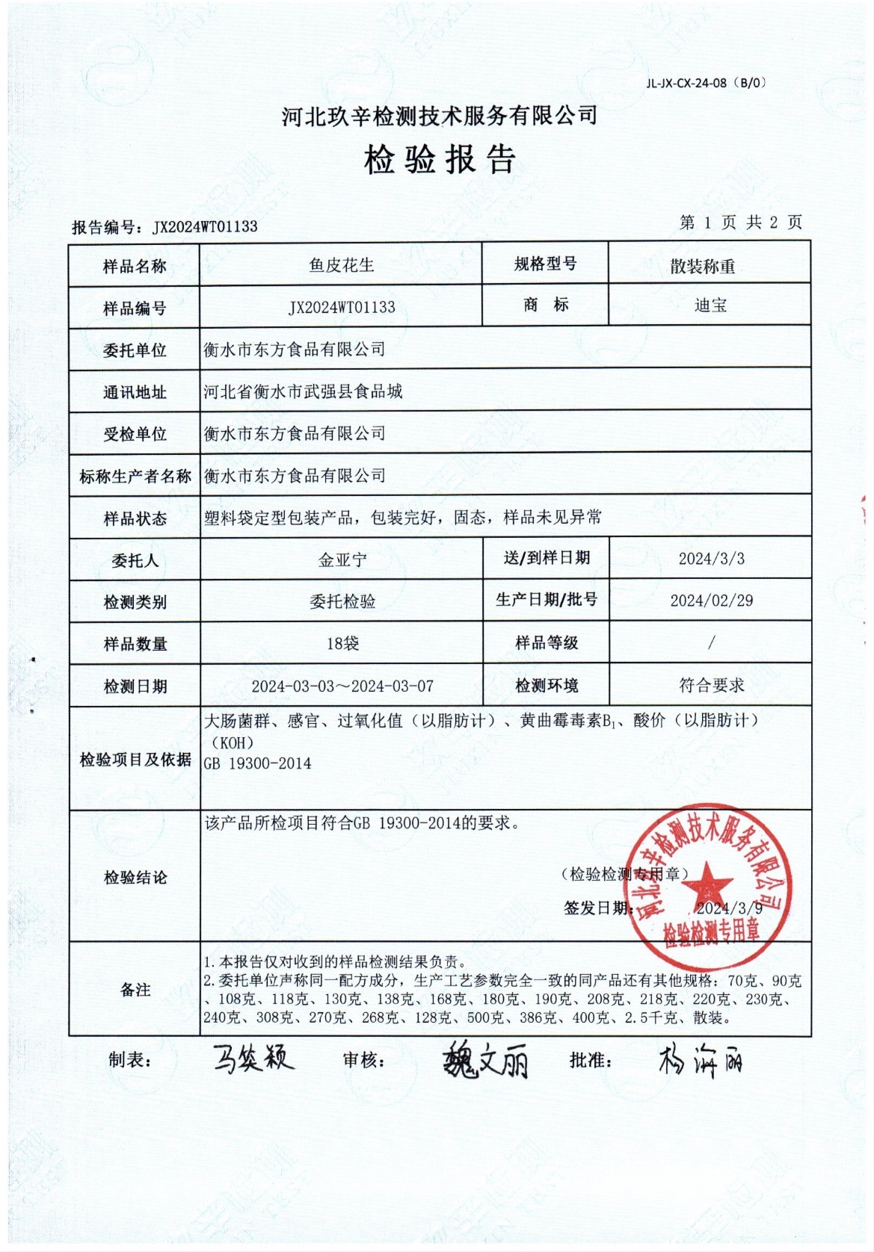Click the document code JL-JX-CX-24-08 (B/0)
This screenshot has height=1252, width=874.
click(706, 83)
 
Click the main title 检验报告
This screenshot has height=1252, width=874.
click(440, 159)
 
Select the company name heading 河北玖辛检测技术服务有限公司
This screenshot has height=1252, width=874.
click(440, 116)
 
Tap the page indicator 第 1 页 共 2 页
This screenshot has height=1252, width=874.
click(740, 222)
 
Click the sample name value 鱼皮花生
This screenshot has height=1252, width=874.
click(341, 265)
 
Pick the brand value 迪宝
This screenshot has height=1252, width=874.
click(710, 305)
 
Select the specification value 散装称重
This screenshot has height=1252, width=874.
click(702, 266)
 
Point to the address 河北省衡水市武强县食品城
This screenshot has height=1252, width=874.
click(303, 391)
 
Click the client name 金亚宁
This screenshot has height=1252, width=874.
click(342, 560)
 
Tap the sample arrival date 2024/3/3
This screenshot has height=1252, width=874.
click(711, 559)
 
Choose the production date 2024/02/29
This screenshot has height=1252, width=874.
click(711, 601)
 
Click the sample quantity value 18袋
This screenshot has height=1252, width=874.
click(342, 643)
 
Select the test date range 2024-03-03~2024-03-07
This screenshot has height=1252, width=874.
click(342, 686)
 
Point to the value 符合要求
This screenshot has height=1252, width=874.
click(711, 685)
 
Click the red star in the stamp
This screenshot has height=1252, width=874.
click(707, 888)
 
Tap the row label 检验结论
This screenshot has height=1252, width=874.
click(135, 877)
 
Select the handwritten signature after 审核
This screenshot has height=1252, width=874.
click(486, 1061)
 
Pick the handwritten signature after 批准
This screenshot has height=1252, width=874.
click(700, 1060)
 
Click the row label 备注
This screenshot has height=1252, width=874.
click(135, 990)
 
